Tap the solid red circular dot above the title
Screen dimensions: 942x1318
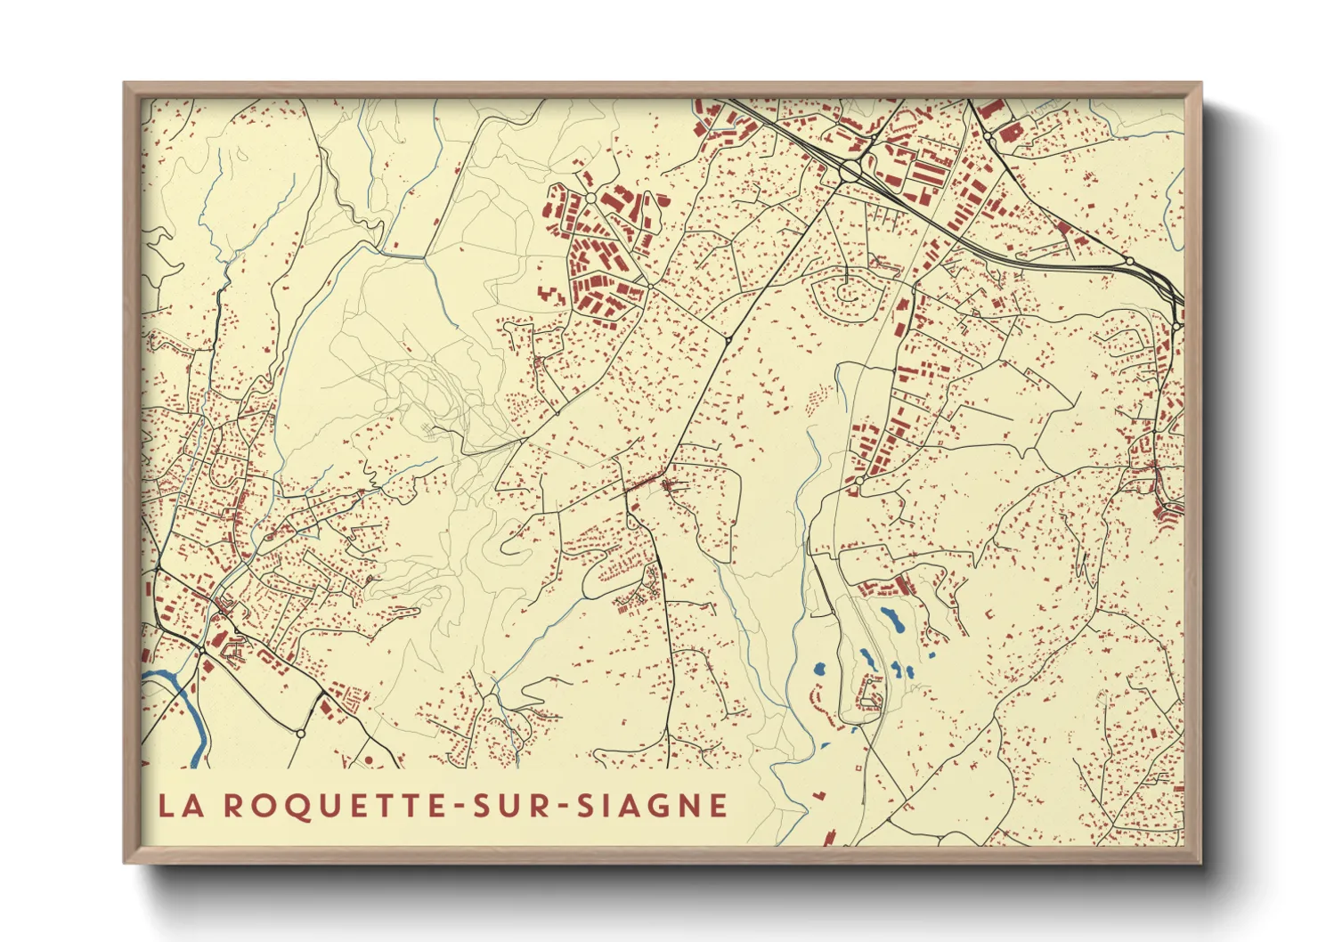click(x=367, y=759)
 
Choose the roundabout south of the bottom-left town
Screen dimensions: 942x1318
click(x=300, y=734)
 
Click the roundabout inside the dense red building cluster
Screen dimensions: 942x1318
click(x=590, y=198)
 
